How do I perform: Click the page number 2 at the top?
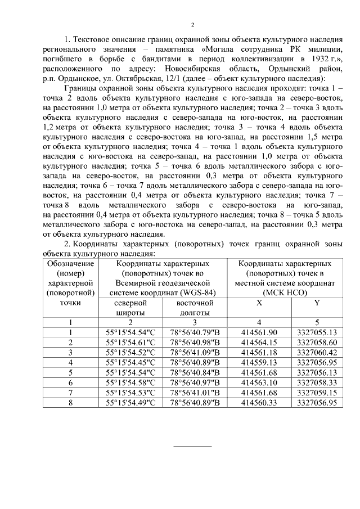(x=192, y=25)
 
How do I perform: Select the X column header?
(x=258, y=302)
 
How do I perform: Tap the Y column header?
(x=317, y=302)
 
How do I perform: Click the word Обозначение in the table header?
(x=70, y=263)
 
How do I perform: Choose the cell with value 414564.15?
(x=259, y=342)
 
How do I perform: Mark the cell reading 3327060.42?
(x=317, y=352)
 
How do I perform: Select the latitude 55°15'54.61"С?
(x=130, y=342)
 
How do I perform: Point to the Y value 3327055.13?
(x=317, y=332)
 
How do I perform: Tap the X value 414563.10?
(x=259, y=382)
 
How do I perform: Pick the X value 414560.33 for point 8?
(x=259, y=402)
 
